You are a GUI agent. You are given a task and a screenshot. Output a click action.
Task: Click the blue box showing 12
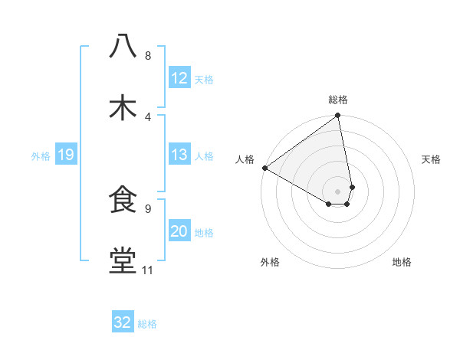(179, 78)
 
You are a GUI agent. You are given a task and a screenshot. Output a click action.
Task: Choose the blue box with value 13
(179, 155)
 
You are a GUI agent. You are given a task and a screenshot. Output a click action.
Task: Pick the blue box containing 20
(179, 232)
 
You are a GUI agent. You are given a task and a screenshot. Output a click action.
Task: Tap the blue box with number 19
(65, 155)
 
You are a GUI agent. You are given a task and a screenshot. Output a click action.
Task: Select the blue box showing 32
(122, 322)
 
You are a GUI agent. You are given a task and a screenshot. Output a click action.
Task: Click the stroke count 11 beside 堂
(147, 270)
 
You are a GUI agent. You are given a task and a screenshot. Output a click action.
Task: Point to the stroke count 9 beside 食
(147, 208)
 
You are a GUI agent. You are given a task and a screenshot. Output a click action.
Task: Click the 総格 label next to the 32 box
(147, 324)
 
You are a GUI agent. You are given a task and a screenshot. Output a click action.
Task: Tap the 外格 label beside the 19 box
(41, 156)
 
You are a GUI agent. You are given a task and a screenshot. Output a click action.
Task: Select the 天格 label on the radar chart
(432, 159)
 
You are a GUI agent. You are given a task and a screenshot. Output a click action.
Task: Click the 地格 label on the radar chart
(402, 262)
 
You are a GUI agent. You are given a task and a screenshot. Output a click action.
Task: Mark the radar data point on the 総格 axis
(337, 116)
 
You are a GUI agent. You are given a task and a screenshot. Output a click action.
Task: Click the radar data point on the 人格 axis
(264, 167)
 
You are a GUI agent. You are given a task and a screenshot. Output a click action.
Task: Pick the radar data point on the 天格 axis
(352, 186)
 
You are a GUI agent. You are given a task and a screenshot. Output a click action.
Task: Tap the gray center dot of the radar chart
(337, 191)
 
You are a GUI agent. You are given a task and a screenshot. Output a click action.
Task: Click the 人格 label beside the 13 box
(204, 156)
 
